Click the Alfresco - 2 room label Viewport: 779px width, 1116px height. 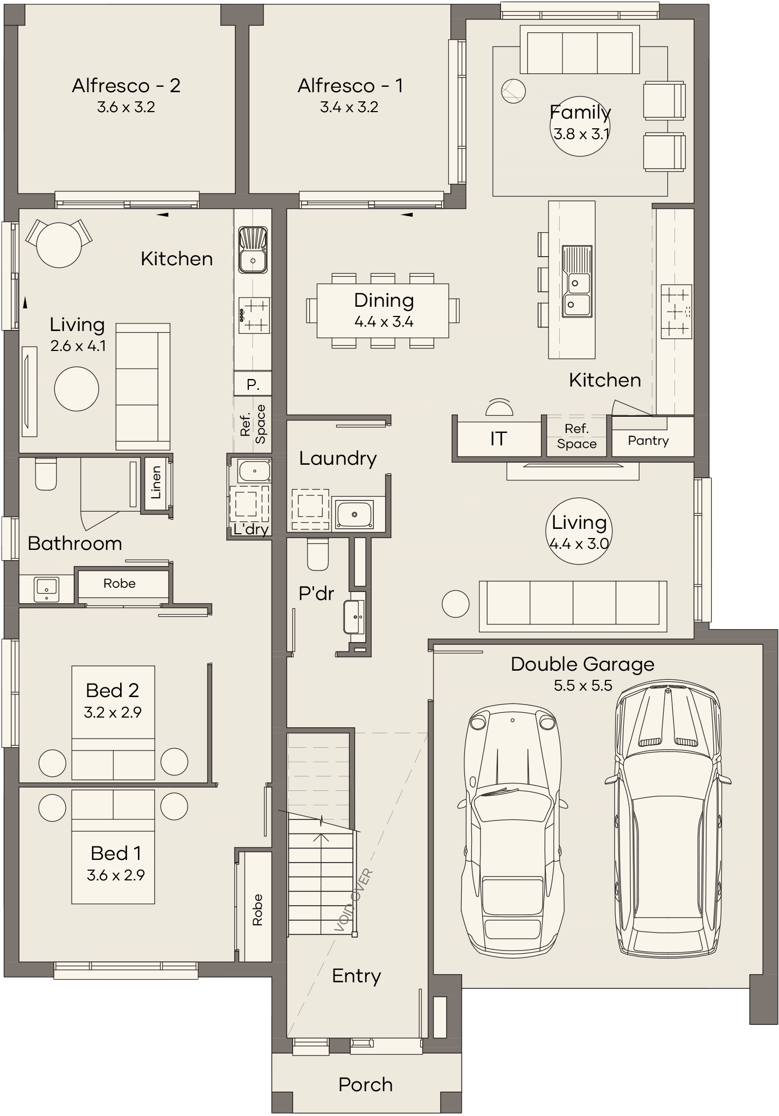coord(126,86)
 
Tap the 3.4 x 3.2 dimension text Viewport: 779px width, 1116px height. coord(349,107)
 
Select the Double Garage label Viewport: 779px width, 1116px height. coord(582,664)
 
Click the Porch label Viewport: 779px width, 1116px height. coord(366,1084)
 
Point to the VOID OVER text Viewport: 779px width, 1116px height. coord(353,900)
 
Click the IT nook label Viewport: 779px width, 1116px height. coord(498,439)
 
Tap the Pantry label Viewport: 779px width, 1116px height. coord(648,441)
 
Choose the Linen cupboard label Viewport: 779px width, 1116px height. coord(156,482)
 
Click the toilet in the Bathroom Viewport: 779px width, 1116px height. coord(46,474)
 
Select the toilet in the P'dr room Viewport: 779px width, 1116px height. coord(318,554)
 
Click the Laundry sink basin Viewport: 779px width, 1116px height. coord(354,514)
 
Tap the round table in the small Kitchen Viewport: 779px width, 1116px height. coord(59,245)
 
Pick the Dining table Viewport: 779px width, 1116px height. coord(383,311)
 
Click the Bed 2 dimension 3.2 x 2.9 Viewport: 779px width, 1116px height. coord(113,712)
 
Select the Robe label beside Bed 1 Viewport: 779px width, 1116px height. coord(258,911)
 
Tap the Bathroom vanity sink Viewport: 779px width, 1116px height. coord(47,589)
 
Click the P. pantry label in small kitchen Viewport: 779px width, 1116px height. coord(253,385)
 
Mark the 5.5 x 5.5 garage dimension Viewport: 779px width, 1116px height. coord(583,686)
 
